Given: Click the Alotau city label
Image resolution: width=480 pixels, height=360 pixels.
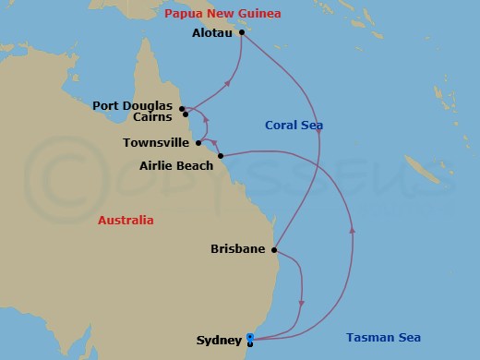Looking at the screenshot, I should [x=211, y=32].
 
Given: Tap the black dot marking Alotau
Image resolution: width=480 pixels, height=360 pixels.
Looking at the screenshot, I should [x=241, y=33].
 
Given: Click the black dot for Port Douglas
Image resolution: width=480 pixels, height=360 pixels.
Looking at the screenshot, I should [x=182, y=107].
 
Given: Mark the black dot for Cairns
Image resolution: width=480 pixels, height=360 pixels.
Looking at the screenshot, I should [x=186, y=114].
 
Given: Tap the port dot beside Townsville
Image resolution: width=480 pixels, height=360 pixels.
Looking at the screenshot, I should [x=198, y=143].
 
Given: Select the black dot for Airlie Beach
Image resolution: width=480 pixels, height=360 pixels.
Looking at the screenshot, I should [x=221, y=156].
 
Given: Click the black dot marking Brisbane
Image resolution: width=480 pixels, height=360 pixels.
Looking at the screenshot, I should [x=275, y=249].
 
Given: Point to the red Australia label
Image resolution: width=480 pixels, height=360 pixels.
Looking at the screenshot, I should [x=126, y=221].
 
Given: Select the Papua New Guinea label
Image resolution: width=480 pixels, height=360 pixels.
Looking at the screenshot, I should [x=222, y=14].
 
